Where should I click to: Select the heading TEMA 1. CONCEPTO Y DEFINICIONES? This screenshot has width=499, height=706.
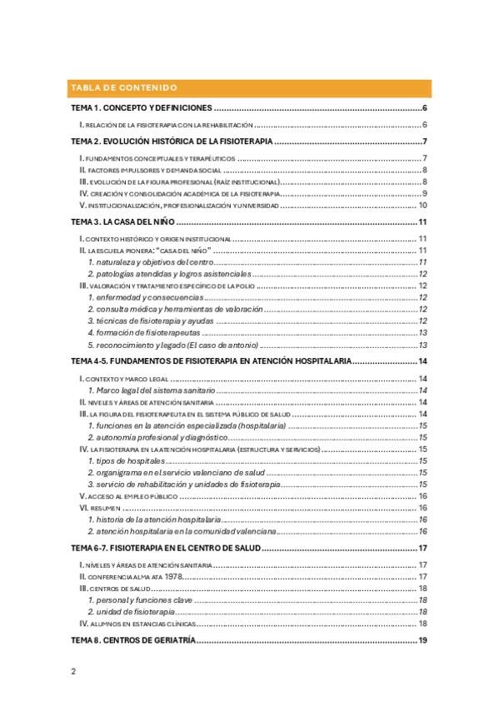(142, 109)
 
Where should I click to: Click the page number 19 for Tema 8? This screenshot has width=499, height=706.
(422, 639)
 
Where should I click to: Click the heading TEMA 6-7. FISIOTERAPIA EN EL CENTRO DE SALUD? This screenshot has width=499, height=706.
(166, 548)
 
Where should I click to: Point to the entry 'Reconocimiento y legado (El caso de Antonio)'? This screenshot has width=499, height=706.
(178, 344)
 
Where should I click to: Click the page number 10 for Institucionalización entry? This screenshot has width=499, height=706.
(422, 204)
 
